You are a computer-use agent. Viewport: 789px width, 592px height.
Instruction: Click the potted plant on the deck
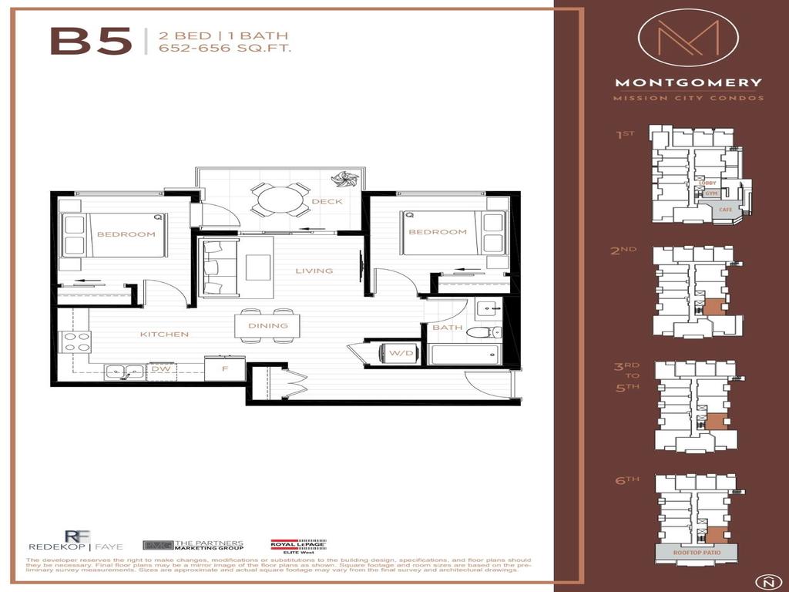coord(341,180)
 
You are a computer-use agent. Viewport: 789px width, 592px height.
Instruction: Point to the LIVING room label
coord(314,271)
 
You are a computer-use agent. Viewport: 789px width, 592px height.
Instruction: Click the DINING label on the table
coord(267,325)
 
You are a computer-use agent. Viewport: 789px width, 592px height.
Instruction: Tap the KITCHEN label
coord(164,335)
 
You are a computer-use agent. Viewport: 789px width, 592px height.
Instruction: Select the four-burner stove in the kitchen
coord(76,341)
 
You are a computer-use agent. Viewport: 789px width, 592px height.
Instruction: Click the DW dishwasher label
coord(160,370)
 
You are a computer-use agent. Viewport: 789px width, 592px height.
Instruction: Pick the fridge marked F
coord(224,368)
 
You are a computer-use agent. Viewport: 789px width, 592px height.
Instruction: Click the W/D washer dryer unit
coord(400,354)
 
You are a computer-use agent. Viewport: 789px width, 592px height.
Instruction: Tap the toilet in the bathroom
coord(486,333)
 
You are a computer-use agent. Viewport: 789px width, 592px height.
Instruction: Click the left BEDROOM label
coord(126,234)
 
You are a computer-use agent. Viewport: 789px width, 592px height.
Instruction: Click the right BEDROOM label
coord(437,232)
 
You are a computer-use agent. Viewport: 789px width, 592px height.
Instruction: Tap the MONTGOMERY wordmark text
coord(688,82)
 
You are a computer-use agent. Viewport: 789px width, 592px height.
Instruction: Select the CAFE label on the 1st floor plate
coord(724,209)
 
